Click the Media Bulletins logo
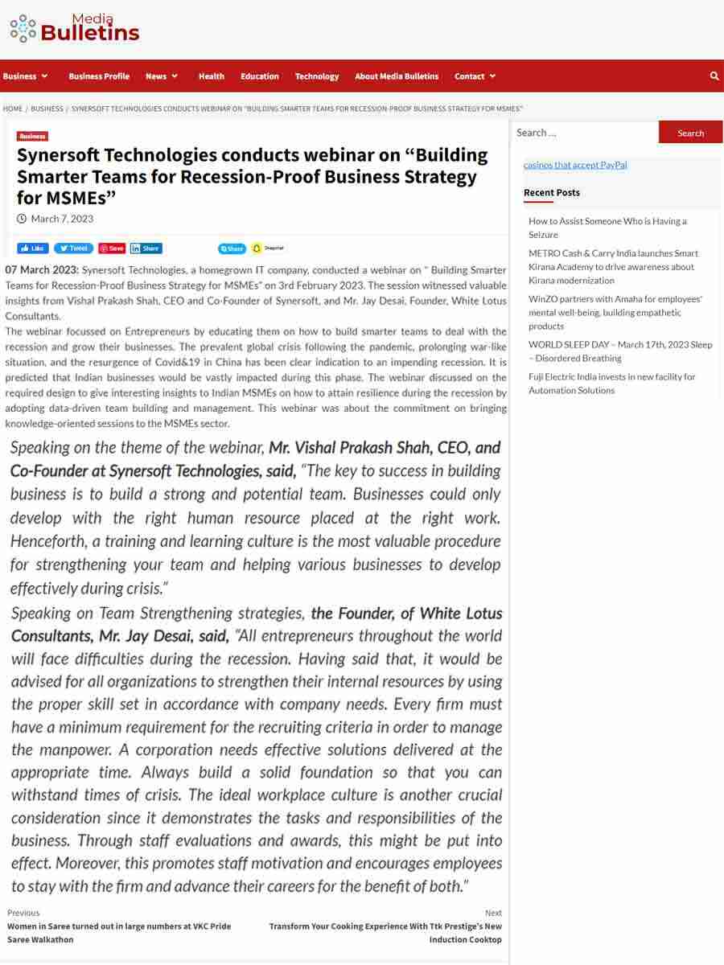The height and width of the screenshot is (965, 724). coord(74,28)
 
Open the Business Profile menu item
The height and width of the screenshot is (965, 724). coord(99,76)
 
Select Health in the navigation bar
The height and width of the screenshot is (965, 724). coord(211,76)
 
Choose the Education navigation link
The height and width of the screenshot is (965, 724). coord(259,76)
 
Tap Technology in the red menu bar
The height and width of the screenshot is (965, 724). coord(317,76)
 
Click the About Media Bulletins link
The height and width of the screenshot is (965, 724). coord(397,76)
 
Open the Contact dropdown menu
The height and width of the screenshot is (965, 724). coord(475,76)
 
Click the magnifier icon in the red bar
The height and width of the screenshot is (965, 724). coord(714,76)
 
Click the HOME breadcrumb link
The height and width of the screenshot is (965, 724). coord(13,109)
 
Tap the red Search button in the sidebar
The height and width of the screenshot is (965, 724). coord(690,133)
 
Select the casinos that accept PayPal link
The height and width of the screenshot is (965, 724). coord(575,165)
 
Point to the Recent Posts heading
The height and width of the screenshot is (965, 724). coord(552,193)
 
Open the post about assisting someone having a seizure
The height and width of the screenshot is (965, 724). coord(607,228)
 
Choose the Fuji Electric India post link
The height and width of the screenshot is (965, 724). coord(611,384)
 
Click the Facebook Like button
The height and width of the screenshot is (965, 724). coord(33,248)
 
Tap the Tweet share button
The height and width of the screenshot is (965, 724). coord(73,248)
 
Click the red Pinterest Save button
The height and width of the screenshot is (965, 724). coord(112,248)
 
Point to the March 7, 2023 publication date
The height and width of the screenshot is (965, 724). coord(62,219)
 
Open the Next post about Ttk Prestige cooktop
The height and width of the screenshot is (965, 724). coord(385,933)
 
